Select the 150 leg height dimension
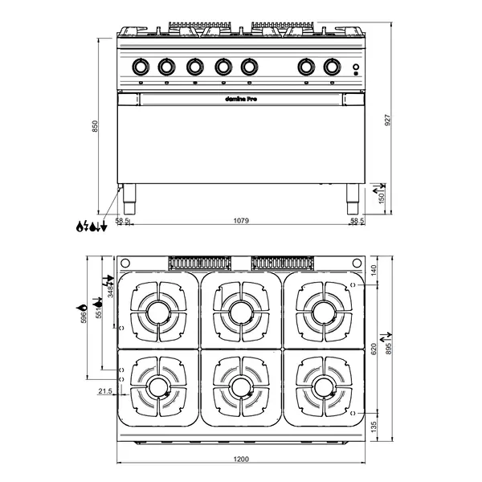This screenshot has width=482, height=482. click(382, 194)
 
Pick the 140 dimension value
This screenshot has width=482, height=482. click(374, 272)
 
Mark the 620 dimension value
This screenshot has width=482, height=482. click(374, 349)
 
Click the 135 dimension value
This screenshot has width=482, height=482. click(374, 426)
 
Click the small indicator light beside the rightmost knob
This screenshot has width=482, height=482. click(354, 76)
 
